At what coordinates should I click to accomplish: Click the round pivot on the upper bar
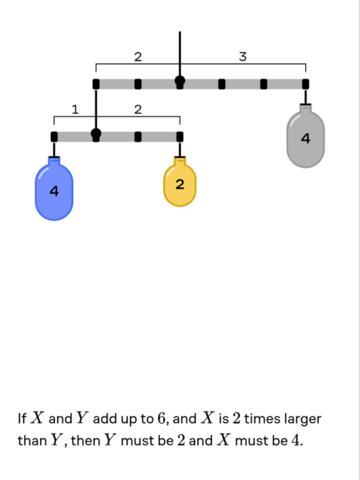click(x=180, y=81)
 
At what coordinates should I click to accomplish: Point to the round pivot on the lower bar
click(x=96, y=134)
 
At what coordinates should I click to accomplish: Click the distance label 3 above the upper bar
click(x=242, y=56)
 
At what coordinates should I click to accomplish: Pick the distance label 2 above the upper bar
click(x=138, y=56)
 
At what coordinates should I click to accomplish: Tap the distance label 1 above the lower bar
click(x=75, y=109)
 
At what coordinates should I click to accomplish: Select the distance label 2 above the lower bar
click(x=138, y=109)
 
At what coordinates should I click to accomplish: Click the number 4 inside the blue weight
click(x=54, y=192)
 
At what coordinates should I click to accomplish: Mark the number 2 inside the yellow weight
click(x=180, y=184)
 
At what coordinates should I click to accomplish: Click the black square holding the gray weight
click(x=306, y=84)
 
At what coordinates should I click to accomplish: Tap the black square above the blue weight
click(x=54, y=137)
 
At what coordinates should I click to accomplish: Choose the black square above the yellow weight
click(x=180, y=137)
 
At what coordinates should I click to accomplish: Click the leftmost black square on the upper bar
click(x=96, y=84)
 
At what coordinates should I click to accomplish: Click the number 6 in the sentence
click(x=161, y=418)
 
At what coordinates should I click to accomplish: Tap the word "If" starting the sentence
click(x=22, y=418)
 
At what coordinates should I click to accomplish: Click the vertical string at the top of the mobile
click(x=180, y=53)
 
